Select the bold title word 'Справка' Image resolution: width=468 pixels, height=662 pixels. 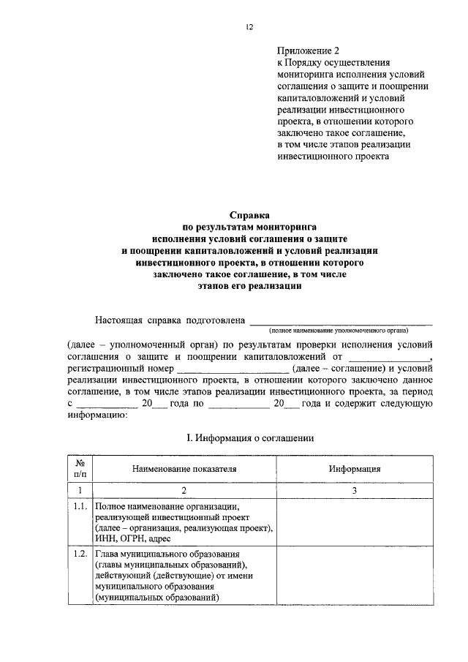coord(249,216)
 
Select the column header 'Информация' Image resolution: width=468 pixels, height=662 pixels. coord(354,469)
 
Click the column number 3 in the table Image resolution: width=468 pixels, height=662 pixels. coord(354,490)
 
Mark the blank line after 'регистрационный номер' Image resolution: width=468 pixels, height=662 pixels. coord(233,369)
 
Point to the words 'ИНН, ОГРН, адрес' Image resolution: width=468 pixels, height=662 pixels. coord(132,538)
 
